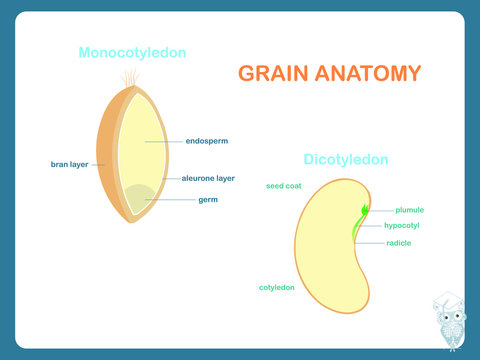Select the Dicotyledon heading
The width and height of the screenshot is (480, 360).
coord(346,159)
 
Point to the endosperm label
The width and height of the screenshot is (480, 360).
coord(206,141)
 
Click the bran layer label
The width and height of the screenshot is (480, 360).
coord(70,164)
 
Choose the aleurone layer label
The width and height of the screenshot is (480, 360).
coord(208,178)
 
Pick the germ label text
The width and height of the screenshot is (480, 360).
coord(208,199)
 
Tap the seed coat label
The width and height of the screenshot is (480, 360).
coord(284,186)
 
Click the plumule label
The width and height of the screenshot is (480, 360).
coord(410,210)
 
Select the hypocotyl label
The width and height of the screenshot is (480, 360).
coord(405,226)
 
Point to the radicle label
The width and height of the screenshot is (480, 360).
coord(399,243)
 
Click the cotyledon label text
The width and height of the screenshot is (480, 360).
coord(277,287)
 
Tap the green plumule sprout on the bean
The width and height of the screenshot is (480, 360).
coord(365,210)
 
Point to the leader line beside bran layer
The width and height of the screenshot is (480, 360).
coord(98,164)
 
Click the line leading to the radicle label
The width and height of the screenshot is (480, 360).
coord(371,243)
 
